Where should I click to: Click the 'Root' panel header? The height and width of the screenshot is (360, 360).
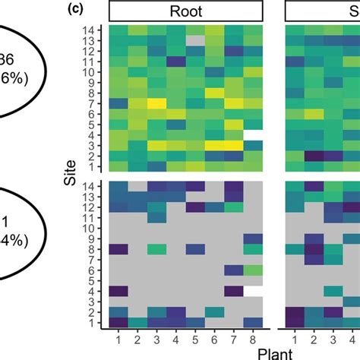tap(186, 11)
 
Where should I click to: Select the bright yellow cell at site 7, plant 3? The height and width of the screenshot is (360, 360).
tap(156, 103)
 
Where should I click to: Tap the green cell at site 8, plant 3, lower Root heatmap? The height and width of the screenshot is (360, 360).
tap(156, 248)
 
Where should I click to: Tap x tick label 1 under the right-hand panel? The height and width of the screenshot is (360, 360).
tap(293, 336)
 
